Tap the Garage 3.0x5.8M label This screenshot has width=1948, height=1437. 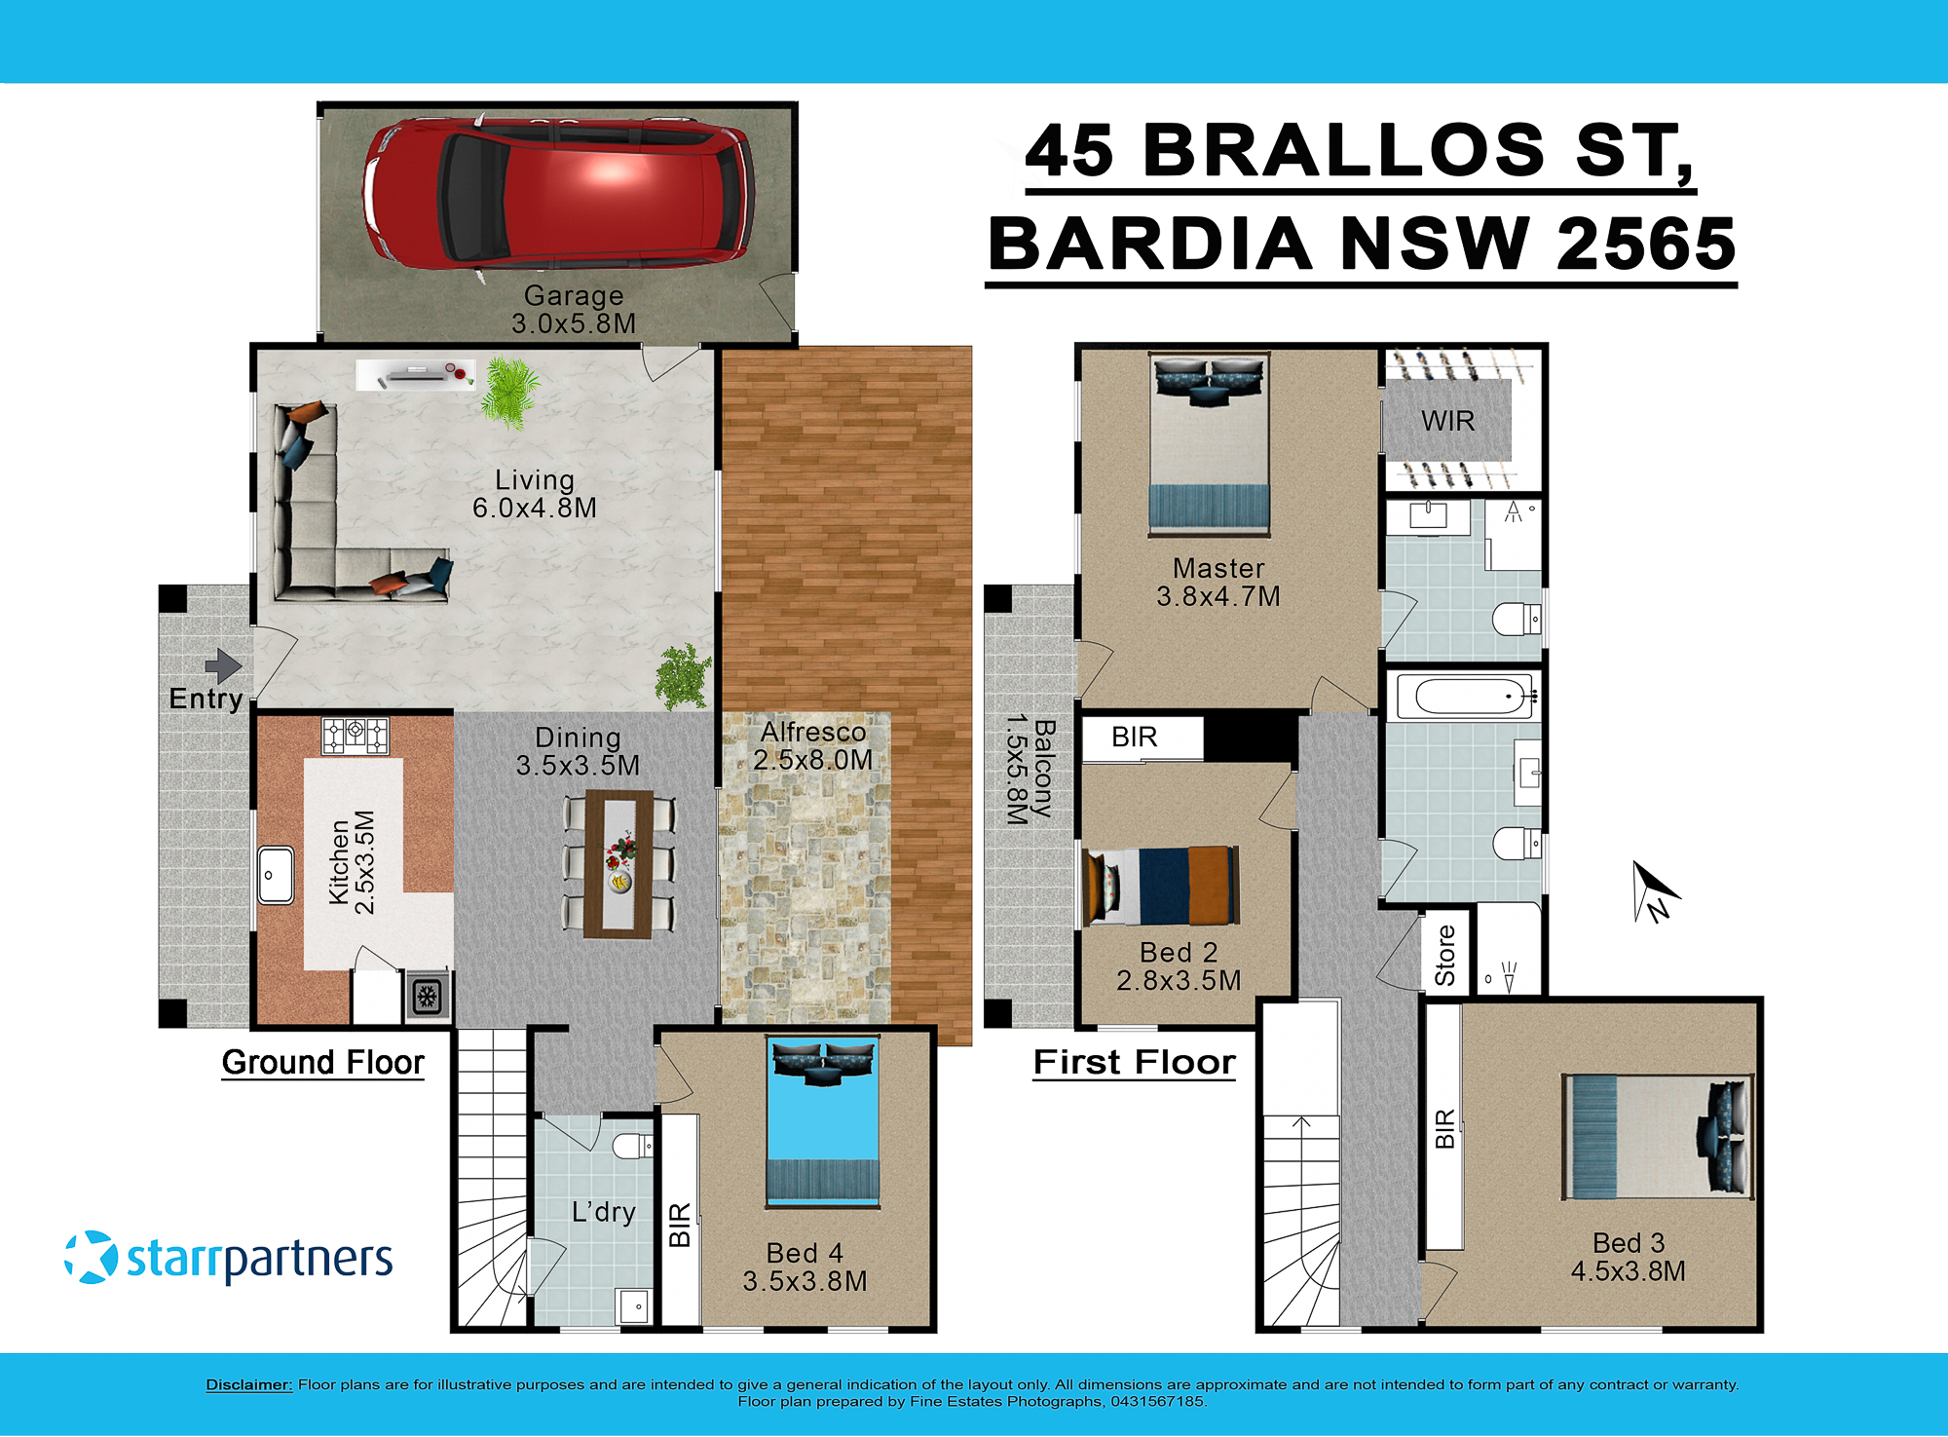(x=574, y=310)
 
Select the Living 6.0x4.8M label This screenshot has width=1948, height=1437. (x=534, y=494)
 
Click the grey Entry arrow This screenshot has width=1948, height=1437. (x=223, y=666)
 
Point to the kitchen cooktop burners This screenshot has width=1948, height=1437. (x=356, y=735)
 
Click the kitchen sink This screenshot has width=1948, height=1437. (x=276, y=875)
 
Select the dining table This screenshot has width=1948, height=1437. (x=618, y=863)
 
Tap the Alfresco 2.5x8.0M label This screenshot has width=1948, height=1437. (x=813, y=746)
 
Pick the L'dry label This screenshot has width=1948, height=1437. (x=603, y=1212)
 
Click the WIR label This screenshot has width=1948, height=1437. (x=1447, y=421)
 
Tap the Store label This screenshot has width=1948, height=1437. (x=1444, y=956)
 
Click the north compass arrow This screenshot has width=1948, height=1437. (x=1654, y=890)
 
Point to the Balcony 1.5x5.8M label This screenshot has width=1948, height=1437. (x=1030, y=770)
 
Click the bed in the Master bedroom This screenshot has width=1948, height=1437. (x=1209, y=443)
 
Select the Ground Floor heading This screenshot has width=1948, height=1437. (x=322, y=1062)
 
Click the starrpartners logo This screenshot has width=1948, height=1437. (x=229, y=1258)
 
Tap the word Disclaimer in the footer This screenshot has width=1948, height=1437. (x=248, y=1384)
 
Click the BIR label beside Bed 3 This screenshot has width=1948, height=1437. (x=1444, y=1128)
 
